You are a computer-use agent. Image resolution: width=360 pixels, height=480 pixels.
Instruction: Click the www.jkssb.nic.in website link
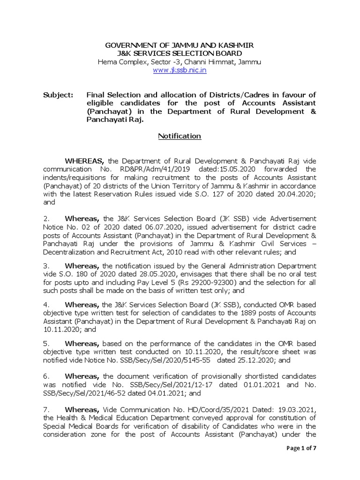[180, 70]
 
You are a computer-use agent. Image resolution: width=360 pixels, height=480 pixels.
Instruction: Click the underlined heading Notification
[180, 136]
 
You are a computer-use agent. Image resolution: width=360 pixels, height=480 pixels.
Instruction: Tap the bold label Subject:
[58, 95]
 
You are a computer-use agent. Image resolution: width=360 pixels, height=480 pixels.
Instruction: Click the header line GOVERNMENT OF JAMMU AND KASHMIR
[180, 45]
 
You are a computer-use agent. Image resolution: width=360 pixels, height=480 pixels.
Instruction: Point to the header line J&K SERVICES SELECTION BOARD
[180, 53]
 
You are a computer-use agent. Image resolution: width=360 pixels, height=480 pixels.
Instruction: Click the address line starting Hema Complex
[180, 62]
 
